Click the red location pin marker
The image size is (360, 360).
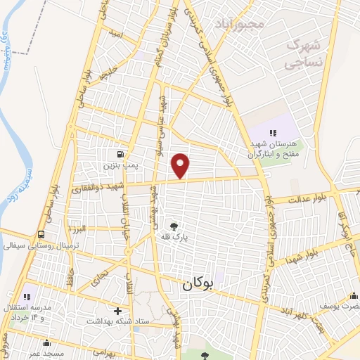[x=181, y=165]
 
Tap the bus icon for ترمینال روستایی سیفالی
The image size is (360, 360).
[x=41, y=234]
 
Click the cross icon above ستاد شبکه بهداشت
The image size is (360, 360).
[x=118, y=310]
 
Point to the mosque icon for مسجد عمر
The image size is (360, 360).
[x=47, y=343]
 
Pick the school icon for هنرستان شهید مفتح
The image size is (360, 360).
[x=273, y=132]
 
